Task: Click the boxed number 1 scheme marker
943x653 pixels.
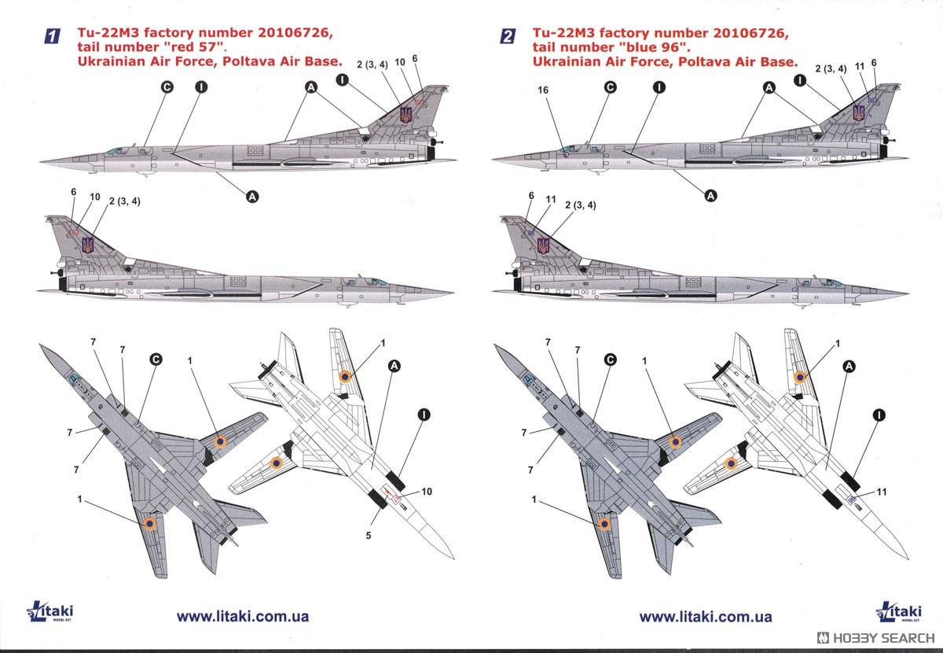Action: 51,35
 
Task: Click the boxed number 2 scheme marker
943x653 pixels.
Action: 508,35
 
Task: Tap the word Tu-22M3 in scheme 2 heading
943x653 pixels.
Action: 563,32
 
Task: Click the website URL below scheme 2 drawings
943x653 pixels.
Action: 706,618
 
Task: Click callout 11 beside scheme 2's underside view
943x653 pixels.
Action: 882,492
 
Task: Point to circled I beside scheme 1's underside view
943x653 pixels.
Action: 423,414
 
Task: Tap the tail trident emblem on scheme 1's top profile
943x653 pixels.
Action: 406,115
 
